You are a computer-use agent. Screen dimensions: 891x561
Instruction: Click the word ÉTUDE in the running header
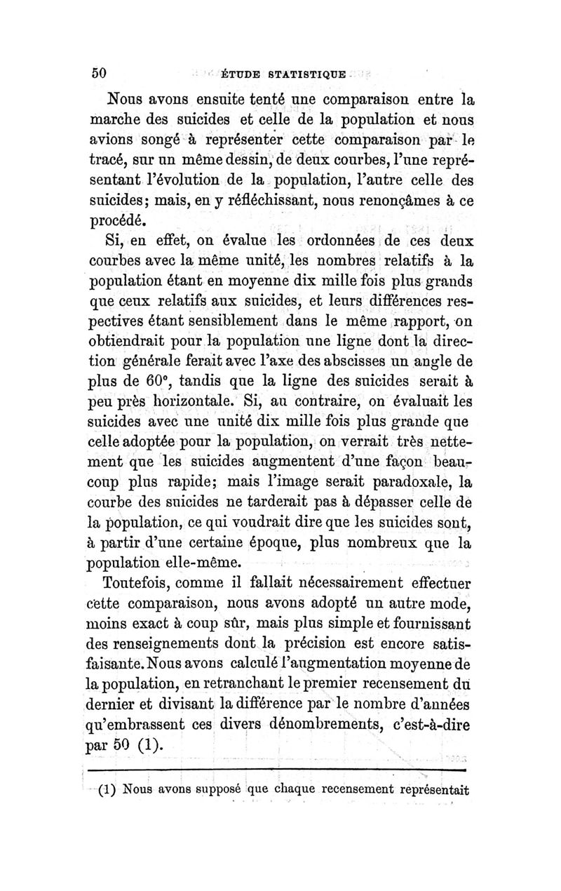[x=241, y=74]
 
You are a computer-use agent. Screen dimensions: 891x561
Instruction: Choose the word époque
[x=271, y=544]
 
